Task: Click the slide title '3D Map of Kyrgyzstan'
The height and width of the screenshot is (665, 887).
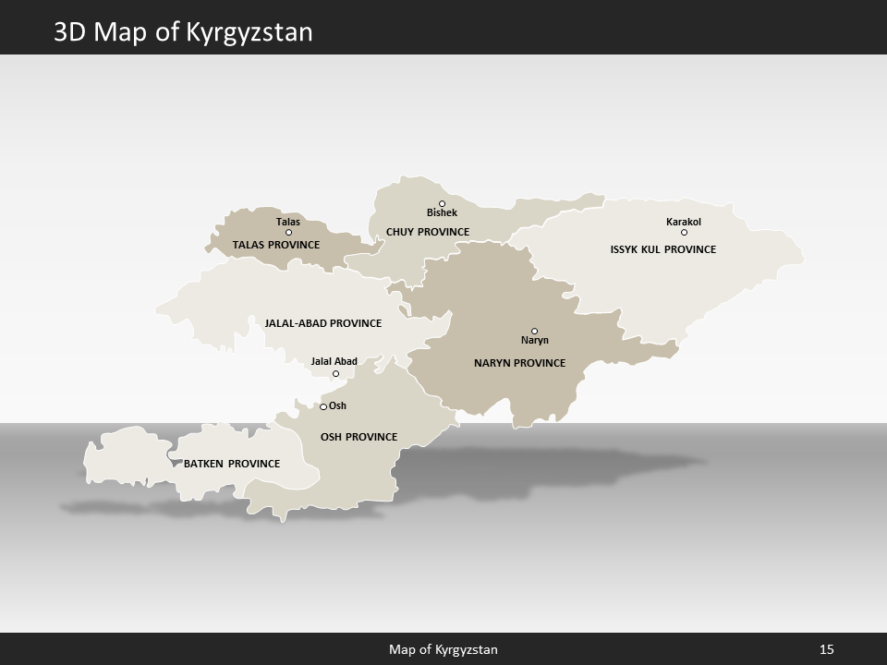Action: tap(183, 32)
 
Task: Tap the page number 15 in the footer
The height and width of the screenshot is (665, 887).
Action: tap(827, 649)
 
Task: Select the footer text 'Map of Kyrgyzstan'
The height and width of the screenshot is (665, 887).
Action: tap(443, 649)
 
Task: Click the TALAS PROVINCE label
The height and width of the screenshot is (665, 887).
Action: tap(276, 245)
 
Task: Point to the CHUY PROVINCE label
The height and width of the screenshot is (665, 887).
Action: tap(428, 232)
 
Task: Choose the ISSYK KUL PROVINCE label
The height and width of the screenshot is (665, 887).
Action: tap(663, 249)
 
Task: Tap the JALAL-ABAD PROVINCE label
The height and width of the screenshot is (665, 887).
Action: tap(323, 323)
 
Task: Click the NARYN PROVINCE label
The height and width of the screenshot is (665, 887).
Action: tap(519, 363)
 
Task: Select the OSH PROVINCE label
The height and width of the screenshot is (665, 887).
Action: tap(358, 437)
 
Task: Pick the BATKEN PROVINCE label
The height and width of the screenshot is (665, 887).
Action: tap(232, 463)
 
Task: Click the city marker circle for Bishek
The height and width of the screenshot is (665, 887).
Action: tap(442, 203)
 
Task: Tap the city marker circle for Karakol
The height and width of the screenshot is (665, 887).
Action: tap(684, 232)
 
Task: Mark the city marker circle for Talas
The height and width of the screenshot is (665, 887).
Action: tap(288, 232)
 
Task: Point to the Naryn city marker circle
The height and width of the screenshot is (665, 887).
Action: tap(534, 331)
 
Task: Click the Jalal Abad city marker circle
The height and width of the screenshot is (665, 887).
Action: tap(335, 373)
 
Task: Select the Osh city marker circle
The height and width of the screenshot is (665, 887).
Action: tap(323, 406)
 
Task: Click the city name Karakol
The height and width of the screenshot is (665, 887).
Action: tap(684, 222)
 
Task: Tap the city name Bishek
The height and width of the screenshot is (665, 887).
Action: tap(442, 213)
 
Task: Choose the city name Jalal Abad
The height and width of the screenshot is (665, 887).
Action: tap(334, 361)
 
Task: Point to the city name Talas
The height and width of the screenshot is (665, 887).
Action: tap(288, 222)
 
